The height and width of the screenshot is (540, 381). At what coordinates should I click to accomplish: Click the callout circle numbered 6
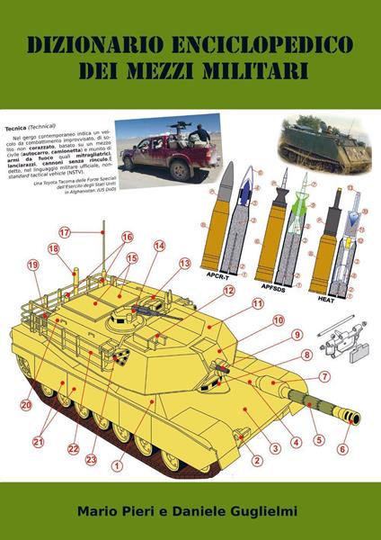click(342, 449)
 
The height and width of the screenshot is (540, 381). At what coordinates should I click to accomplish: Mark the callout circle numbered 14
click(159, 245)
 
